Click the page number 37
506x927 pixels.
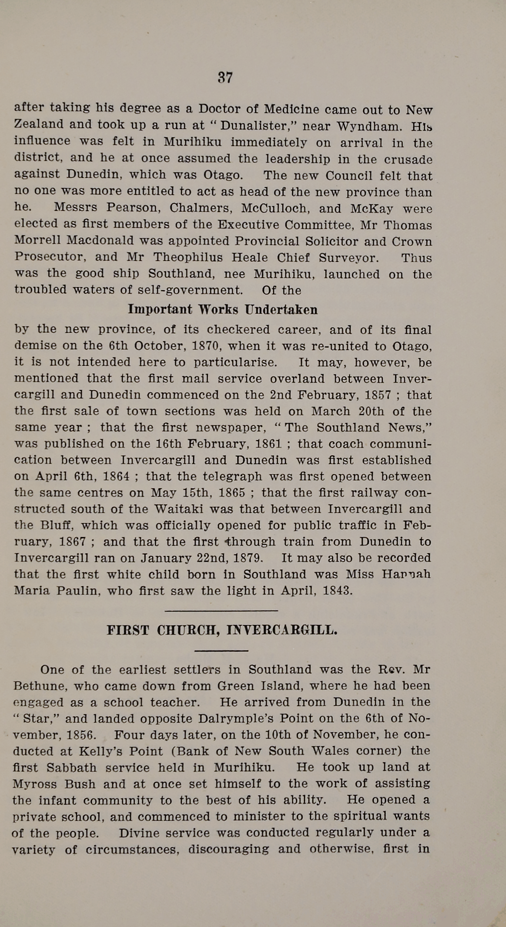coord(225,77)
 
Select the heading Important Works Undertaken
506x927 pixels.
coord(222,309)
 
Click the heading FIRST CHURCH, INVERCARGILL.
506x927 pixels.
coord(222,630)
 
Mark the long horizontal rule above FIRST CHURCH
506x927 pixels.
coord(221,611)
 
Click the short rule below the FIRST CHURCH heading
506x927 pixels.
coord(221,651)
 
